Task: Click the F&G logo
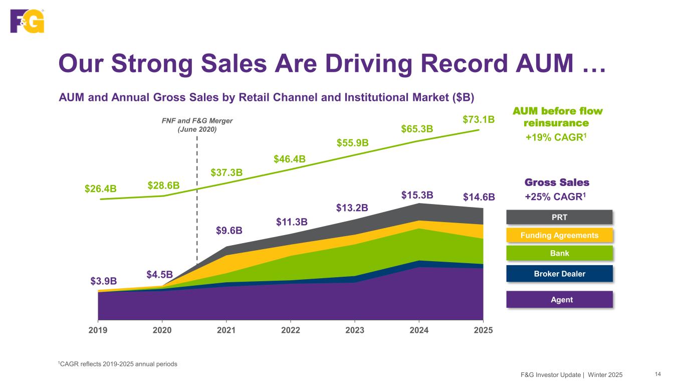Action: coord(28,21)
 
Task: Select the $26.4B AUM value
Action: coord(101,188)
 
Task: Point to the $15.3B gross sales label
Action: coord(417,195)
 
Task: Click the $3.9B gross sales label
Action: coord(104,281)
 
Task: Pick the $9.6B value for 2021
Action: coord(230,231)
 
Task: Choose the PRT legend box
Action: coord(559,217)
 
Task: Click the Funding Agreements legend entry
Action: coord(559,235)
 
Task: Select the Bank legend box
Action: coord(559,253)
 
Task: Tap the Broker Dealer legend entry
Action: coord(559,274)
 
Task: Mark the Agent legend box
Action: coord(559,300)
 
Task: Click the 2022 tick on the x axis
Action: coord(291,330)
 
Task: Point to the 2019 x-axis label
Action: coord(98,330)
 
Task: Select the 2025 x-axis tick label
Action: coord(483,330)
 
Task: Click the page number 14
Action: coord(657,374)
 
